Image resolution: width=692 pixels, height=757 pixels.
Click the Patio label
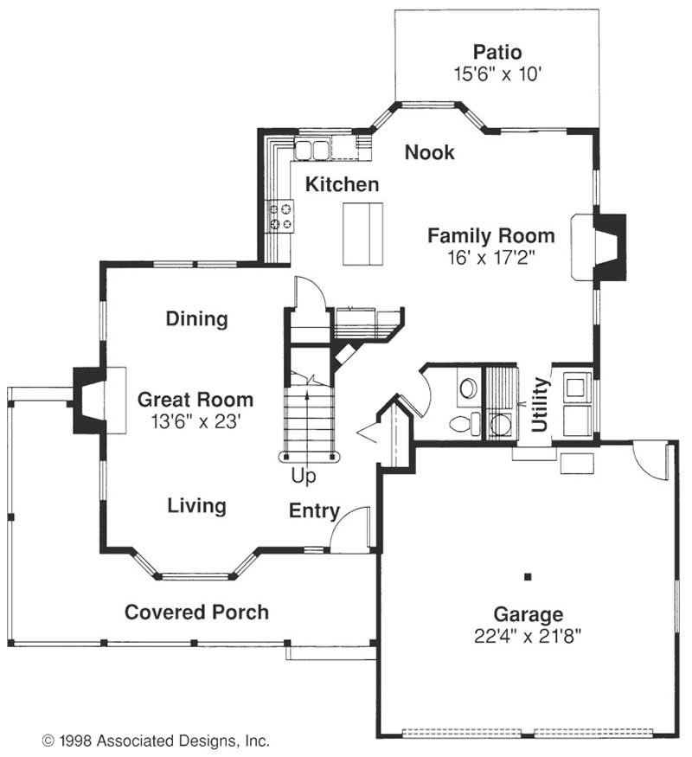pyautogui.click(x=497, y=52)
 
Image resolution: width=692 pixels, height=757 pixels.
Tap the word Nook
pyautogui.click(x=430, y=152)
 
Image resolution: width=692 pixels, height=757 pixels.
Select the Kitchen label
pyautogui.click(x=343, y=184)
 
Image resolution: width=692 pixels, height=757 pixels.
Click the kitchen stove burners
pyautogui.click(x=281, y=216)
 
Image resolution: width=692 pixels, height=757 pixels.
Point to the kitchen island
pyautogui.click(x=363, y=234)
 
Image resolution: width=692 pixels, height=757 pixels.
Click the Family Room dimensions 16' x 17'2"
pyautogui.click(x=491, y=258)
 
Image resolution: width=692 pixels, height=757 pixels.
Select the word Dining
pyautogui.click(x=197, y=319)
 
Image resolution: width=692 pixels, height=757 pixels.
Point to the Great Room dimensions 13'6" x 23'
pyautogui.click(x=196, y=422)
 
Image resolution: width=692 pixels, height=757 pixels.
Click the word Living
pyautogui.click(x=197, y=506)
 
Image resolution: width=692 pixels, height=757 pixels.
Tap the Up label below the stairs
pyautogui.click(x=304, y=476)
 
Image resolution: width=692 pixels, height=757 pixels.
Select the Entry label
pyautogui.click(x=315, y=510)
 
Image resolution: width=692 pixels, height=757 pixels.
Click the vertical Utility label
pyautogui.click(x=540, y=404)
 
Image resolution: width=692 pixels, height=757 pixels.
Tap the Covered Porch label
pyautogui.click(x=197, y=613)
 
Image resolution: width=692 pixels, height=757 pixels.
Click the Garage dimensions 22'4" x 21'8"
pyautogui.click(x=528, y=636)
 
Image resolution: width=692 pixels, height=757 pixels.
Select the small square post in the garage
pyautogui.click(x=528, y=576)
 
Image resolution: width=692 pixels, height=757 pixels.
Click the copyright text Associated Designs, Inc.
pyautogui.click(x=183, y=741)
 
